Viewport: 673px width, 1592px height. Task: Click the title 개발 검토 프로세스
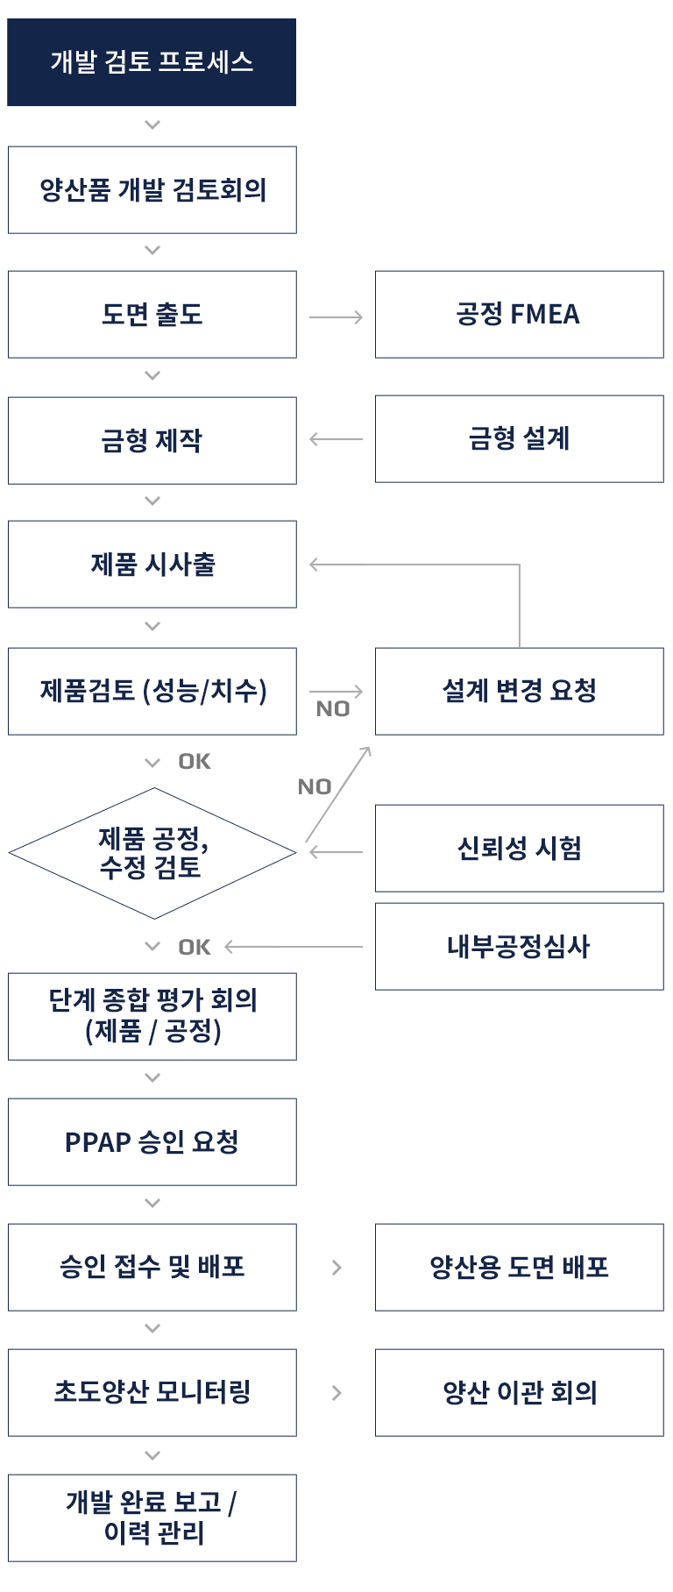pos(152,62)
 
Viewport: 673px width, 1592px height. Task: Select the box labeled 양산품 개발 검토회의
pos(152,190)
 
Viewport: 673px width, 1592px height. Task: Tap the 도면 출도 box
pos(152,315)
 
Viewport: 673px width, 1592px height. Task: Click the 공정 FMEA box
pos(519,315)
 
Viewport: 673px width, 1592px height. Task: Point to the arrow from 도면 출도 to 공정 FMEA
pos(336,316)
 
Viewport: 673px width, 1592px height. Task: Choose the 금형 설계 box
pos(519,438)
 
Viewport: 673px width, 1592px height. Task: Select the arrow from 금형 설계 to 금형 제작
pos(336,439)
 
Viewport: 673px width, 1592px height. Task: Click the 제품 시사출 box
pos(152,565)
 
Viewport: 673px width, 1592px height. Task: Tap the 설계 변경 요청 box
pos(519,691)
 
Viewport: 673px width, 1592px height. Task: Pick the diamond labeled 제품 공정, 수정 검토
pos(152,853)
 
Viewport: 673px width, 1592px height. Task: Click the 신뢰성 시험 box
pos(519,849)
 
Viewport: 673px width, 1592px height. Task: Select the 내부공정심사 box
pos(519,947)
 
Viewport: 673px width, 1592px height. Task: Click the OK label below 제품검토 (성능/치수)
pos(195,762)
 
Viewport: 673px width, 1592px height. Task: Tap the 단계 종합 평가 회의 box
pos(152,1016)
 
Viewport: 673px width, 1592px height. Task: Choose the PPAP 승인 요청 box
pos(152,1142)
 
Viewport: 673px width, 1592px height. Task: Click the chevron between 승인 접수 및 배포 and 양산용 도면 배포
pos(336,1268)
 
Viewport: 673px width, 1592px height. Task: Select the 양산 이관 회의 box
pos(519,1393)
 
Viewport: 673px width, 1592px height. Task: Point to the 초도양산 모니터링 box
pos(152,1393)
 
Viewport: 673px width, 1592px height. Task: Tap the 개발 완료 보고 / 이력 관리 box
pos(152,1518)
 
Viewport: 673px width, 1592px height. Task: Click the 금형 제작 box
pos(152,440)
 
